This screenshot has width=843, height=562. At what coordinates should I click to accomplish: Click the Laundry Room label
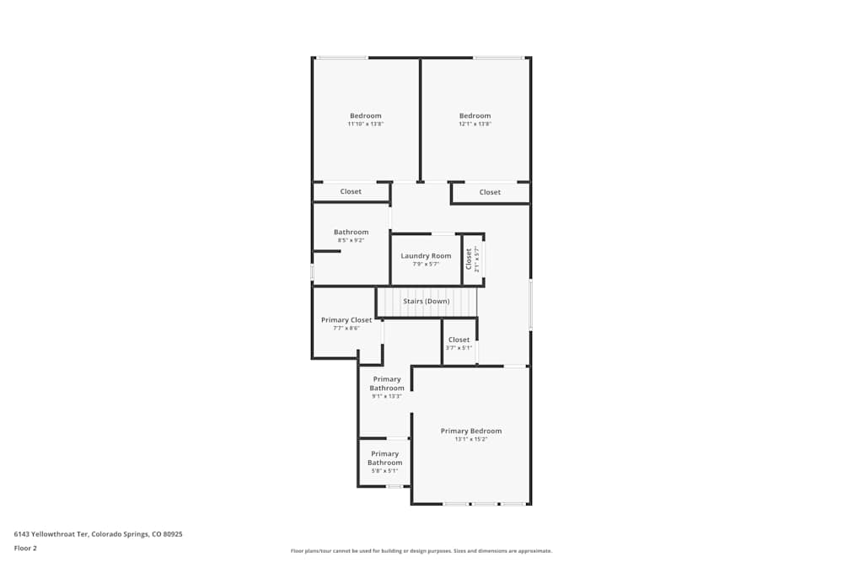(426, 256)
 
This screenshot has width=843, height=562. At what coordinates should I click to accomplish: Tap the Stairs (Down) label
(426, 301)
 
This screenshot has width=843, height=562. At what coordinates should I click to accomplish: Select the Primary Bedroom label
(470, 431)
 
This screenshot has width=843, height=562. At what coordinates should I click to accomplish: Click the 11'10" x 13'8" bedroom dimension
(365, 124)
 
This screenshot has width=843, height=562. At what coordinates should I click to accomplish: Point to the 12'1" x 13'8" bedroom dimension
(475, 124)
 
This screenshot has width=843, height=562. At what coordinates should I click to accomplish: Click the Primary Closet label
(346, 320)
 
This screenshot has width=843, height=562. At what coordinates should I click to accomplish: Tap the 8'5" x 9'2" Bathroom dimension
(351, 240)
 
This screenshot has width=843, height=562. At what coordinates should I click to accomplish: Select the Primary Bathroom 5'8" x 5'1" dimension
(384, 471)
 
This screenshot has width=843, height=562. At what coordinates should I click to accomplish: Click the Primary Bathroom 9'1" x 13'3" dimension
(387, 396)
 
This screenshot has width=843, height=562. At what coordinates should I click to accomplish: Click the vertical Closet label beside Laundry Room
(469, 259)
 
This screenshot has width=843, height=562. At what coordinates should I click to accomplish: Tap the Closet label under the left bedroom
(351, 191)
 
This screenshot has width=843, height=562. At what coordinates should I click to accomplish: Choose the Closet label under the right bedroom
(490, 192)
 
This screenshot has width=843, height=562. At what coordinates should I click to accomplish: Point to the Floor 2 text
(25, 548)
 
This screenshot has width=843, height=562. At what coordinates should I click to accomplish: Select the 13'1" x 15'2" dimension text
(470, 439)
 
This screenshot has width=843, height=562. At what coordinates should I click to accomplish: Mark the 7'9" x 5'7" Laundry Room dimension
(426, 264)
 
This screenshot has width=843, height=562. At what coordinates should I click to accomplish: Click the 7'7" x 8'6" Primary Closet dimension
(346, 328)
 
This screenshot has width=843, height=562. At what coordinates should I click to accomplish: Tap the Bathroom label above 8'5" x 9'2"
(351, 232)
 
